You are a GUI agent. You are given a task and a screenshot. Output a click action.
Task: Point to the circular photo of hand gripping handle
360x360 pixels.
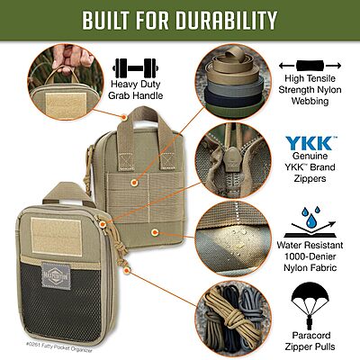[63, 79]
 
